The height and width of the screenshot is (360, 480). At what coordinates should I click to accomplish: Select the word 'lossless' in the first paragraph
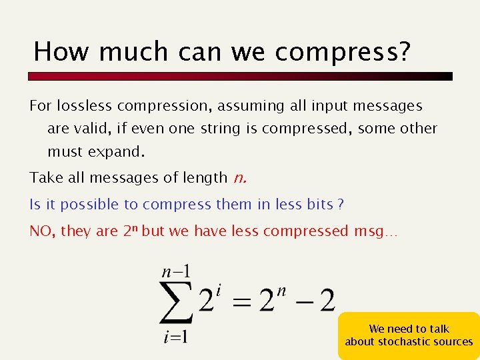[x=85, y=105]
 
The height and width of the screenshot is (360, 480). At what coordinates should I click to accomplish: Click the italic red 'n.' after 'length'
[x=241, y=177]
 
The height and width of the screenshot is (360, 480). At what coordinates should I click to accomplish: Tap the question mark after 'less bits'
[x=341, y=204]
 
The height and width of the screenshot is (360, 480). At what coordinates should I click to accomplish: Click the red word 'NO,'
[x=43, y=231]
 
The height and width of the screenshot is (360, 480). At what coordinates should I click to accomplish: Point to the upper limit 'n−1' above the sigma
[x=177, y=271]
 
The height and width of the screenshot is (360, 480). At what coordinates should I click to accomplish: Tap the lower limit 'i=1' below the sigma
[x=175, y=337]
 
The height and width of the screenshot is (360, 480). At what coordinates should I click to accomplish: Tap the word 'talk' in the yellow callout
[x=437, y=329]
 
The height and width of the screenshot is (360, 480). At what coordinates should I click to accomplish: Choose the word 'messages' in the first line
[x=390, y=105]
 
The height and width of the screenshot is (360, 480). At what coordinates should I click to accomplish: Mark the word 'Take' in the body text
[x=43, y=177]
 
